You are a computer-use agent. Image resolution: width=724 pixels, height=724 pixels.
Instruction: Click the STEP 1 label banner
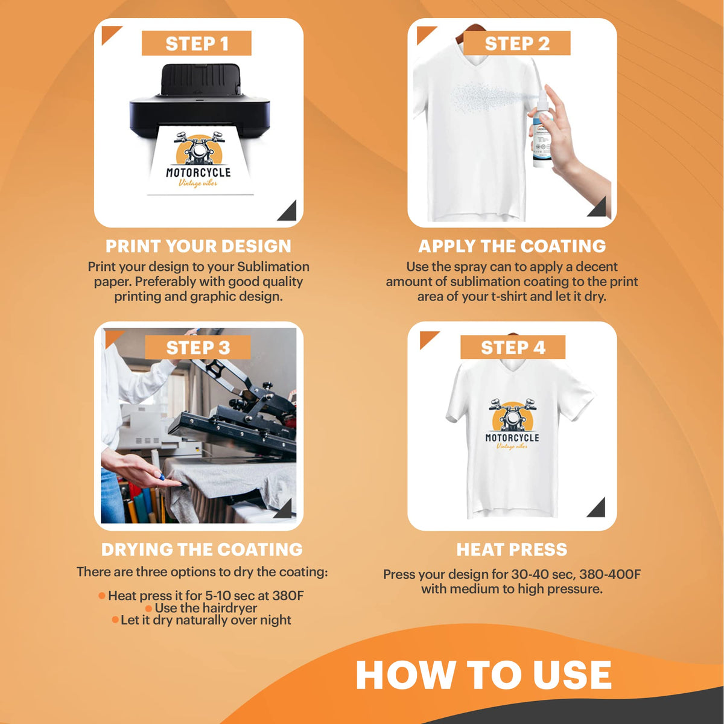coord(197,43)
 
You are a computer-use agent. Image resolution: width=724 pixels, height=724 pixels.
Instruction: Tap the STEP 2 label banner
coord(516,43)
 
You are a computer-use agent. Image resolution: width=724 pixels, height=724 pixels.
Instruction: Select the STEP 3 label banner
coord(198,347)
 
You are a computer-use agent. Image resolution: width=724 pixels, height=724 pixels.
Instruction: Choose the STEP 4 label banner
coord(513,347)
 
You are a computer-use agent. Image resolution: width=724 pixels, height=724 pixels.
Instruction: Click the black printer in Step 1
coord(200,100)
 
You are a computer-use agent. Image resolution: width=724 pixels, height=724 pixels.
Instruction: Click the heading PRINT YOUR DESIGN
coord(198,246)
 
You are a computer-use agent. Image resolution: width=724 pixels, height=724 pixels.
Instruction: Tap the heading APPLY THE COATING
coord(512,246)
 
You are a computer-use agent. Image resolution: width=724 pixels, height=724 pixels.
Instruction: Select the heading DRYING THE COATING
coord(202,549)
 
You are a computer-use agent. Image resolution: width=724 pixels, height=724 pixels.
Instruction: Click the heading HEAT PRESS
coord(512,549)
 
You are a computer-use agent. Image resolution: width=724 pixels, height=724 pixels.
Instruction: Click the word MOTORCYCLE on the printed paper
coord(198,173)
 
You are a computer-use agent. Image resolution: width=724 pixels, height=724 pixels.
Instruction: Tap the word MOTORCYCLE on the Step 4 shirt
coord(512,437)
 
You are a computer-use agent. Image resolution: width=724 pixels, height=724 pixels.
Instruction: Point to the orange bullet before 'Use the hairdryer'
coord(148,608)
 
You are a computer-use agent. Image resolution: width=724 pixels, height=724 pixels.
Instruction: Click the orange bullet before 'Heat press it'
coord(101,595)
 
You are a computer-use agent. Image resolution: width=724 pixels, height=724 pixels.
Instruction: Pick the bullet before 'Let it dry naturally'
coord(115,620)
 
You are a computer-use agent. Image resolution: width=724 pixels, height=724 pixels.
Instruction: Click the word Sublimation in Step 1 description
coord(273,267)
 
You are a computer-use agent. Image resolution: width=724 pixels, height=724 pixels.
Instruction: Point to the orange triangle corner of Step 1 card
coord(109,33)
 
